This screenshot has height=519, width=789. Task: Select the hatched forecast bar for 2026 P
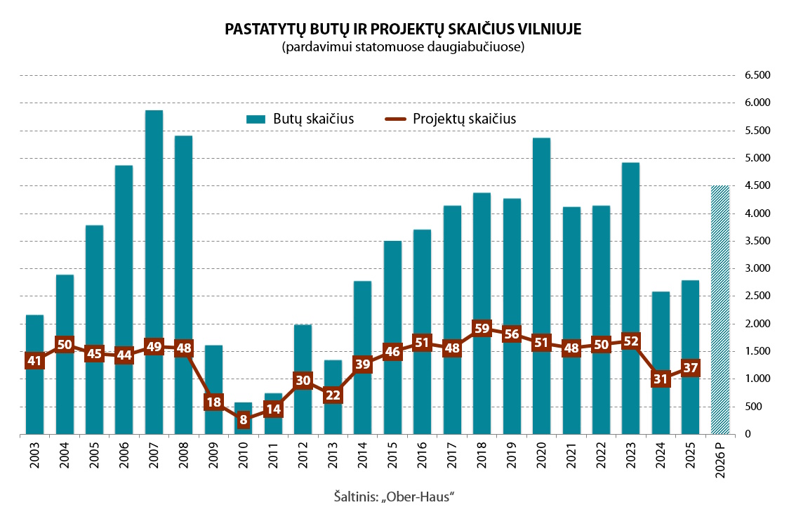[720, 310]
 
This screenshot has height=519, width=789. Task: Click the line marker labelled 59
[482, 328]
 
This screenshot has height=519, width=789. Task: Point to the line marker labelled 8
[244, 420]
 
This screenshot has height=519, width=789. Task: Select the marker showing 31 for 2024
[661, 379]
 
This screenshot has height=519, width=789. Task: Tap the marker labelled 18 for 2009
[213, 402]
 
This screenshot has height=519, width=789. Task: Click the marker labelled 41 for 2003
[34, 361]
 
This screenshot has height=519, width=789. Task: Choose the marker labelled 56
[512, 334]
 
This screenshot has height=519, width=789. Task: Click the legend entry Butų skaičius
[300, 119]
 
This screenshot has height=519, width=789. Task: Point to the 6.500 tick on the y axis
[757, 75]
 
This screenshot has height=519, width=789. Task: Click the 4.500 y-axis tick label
[757, 185]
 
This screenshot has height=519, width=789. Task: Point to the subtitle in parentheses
[403, 48]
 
